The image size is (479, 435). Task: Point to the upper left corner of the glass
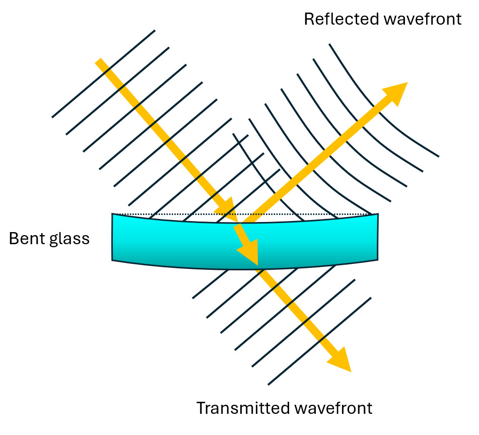[113, 215]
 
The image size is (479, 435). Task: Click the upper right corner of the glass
[377, 215]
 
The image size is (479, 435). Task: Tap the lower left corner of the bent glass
[113, 259]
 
